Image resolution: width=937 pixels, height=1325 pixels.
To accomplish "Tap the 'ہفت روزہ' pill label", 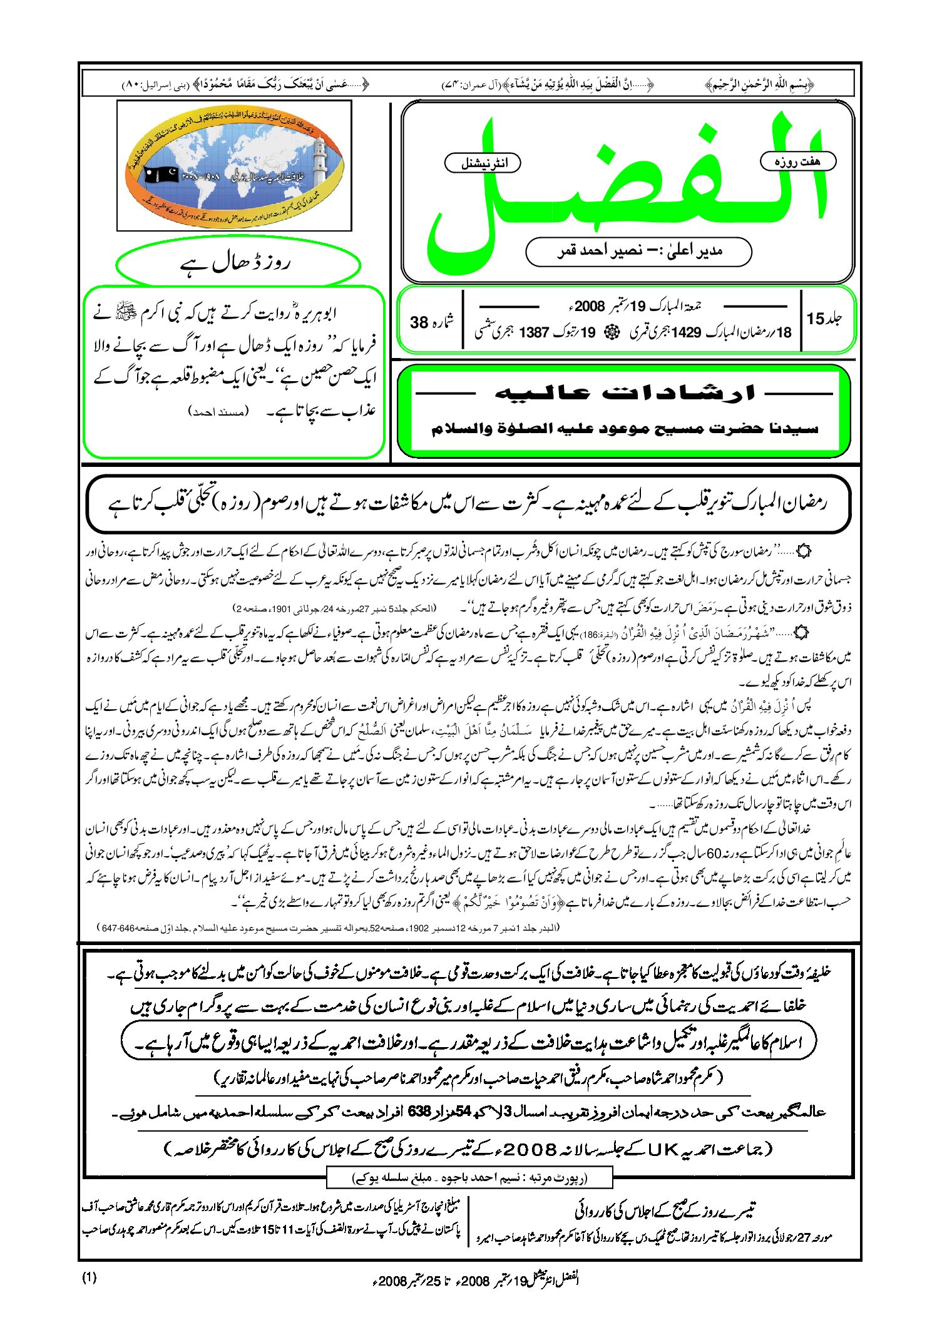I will (797, 161).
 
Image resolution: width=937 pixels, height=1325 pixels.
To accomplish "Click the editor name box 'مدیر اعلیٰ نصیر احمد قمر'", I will (638, 251).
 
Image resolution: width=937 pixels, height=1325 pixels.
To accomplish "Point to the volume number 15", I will (824, 319).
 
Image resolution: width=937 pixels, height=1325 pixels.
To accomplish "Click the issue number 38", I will (431, 322).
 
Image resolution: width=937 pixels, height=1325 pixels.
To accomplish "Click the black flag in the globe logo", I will (161, 175).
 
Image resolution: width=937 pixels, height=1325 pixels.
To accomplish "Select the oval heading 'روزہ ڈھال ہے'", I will (238, 263).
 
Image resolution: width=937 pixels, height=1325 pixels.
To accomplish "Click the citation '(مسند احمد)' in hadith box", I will (218, 411).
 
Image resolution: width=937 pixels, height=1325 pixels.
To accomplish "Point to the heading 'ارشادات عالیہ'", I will (625, 393).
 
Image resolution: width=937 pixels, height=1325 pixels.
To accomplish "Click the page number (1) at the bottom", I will (90, 1277).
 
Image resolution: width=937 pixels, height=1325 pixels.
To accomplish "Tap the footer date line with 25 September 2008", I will (476, 1279).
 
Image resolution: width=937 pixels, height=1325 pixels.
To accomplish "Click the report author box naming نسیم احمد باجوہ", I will (469, 1178).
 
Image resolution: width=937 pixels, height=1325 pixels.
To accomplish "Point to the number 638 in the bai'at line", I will (419, 1111).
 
